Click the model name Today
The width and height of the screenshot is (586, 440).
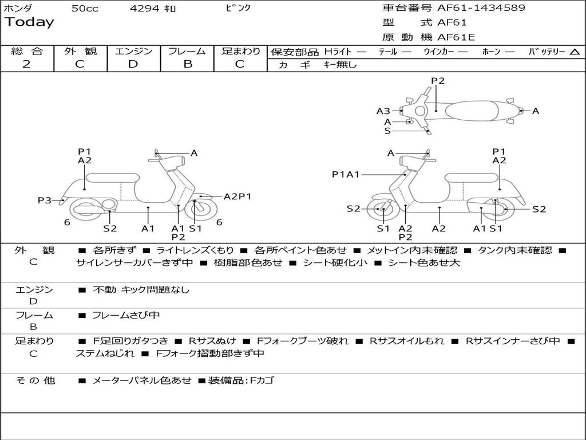pos(29,22)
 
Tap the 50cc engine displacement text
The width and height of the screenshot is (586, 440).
pos(84,9)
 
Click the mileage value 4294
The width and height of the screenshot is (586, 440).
pos(145,9)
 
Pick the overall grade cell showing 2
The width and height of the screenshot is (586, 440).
pos(26,64)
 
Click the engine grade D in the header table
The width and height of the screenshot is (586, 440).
pos(133,64)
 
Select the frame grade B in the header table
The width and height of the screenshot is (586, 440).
pos(187,64)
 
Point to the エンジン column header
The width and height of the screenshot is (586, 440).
pos(133,52)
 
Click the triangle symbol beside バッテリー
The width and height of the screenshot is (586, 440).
pos(575,52)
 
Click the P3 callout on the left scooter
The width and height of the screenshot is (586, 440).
pos(45,200)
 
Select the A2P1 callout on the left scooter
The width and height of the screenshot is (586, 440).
pos(237,197)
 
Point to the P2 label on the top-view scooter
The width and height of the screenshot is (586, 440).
pos(438,81)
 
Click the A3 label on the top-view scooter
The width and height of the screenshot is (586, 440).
pos(383,111)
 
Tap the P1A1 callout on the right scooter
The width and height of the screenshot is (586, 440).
pos(346,174)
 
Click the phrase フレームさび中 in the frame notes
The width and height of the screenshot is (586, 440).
pos(126,315)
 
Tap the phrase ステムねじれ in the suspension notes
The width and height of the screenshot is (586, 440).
pos(105,353)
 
